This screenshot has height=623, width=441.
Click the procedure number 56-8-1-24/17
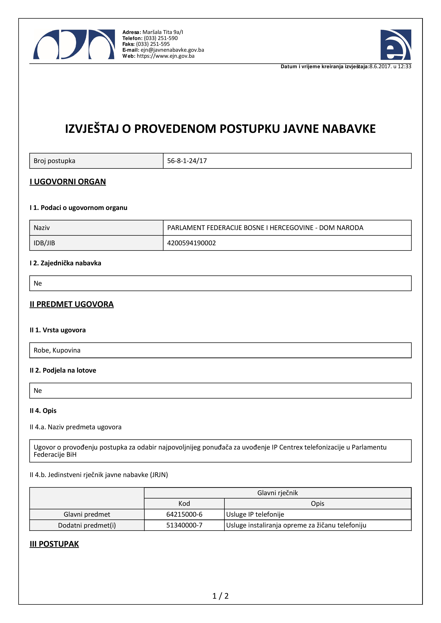pos(187,161)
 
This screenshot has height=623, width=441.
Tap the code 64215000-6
pos(184,514)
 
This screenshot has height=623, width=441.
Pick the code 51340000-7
pos(184,525)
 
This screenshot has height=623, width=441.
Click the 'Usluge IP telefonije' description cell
pos(255,514)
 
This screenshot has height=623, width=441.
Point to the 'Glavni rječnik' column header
pos(277,493)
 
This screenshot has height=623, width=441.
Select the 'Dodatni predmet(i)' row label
pos(87,525)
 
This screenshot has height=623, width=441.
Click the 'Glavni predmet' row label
pos(87,514)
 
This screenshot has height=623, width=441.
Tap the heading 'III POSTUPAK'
pos(54,544)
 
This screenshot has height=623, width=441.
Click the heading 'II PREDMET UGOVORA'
pos(72,304)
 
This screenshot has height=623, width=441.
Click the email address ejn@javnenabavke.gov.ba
pos(172,50)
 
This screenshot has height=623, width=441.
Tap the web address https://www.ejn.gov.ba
pos(165,56)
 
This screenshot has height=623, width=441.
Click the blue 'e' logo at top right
pos(396,45)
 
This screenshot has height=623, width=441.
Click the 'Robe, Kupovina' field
pos(57,350)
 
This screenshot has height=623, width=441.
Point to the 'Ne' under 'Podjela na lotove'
pos(38,391)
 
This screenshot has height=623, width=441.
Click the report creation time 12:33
pos(404,66)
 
